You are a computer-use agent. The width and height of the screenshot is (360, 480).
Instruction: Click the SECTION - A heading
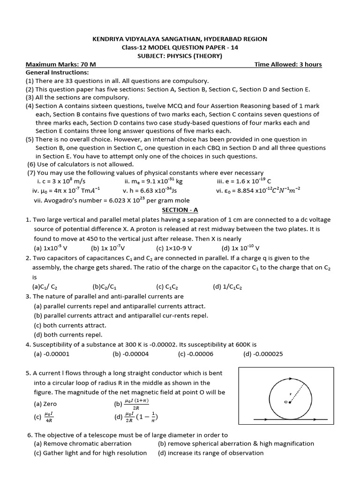point(180,210)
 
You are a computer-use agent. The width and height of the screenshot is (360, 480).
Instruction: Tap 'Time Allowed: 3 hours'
point(288,64)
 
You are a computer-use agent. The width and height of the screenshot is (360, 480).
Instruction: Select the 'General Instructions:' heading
point(57,73)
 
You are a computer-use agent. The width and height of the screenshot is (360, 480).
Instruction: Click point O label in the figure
point(285,402)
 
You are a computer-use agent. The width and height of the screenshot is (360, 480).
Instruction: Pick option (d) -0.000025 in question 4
point(263,354)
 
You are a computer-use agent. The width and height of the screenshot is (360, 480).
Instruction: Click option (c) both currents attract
point(70,325)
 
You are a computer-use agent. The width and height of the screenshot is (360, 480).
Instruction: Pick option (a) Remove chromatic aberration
point(82,443)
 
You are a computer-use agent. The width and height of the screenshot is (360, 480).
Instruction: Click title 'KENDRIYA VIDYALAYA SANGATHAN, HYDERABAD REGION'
point(180,39)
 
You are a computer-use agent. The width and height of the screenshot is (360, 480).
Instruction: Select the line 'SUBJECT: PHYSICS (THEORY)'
point(180,56)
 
